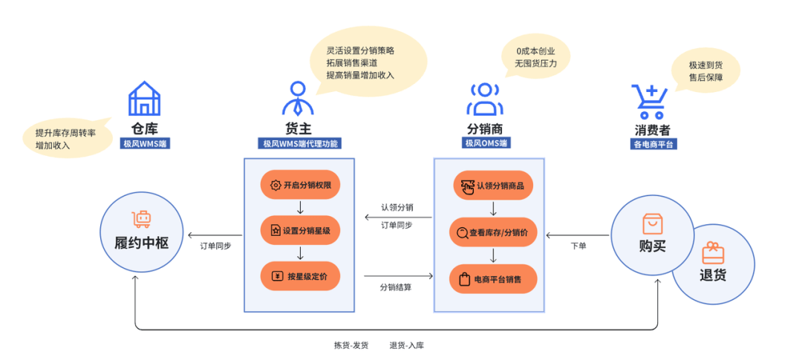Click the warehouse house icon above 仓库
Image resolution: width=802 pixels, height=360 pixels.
pyautogui.click(x=144, y=99)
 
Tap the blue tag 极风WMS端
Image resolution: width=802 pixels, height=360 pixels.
pyautogui.click(x=146, y=143)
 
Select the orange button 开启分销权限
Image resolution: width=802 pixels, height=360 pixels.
pyautogui.click(x=300, y=185)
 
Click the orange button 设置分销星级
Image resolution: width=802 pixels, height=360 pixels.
pyautogui.click(x=300, y=230)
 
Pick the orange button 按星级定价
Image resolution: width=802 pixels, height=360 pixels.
pyautogui.click(x=300, y=276)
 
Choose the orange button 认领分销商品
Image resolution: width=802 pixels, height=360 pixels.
pyautogui.click(x=493, y=185)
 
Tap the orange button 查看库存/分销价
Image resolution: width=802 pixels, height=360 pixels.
pyautogui.click(x=493, y=232)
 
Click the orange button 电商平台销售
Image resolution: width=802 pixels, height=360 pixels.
pyautogui.click(x=493, y=279)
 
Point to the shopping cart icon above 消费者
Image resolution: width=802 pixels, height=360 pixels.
pyautogui.click(x=648, y=101)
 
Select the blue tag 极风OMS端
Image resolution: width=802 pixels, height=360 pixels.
pyautogui.click(x=486, y=143)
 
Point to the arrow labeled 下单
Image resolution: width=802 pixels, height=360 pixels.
pyautogui.click(x=578, y=235)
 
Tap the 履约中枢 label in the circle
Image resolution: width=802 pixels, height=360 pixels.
pyautogui.click(x=141, y=243)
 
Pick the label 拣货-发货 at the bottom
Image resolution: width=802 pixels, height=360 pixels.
pyautogui.click(x=351, y=345)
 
